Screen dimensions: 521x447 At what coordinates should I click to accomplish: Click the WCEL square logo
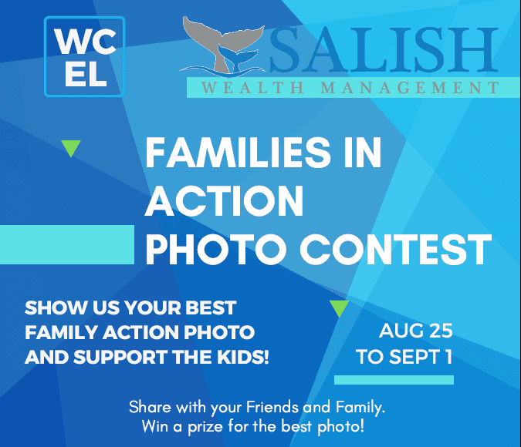click(x=84, y=56)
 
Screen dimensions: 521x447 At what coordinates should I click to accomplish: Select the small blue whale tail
click(x=237, y=57)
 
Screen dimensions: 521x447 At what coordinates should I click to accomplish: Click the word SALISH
click(x=383, y=49)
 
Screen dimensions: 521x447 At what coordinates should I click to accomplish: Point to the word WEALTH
click(x=252, y=88)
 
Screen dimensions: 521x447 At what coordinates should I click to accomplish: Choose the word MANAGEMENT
click(x=410, y=88)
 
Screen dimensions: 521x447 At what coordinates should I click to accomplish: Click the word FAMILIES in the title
click(x=238, y=153)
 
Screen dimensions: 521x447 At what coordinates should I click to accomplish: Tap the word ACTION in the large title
click(x=225, y=201)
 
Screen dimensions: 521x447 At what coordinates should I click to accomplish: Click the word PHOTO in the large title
click(x=216, y=249)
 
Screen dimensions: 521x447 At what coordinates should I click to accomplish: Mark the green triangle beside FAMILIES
click(x=71, y=148)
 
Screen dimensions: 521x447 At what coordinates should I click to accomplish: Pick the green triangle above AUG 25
click(x=340, y=308)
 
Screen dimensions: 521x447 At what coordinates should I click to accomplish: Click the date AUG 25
click(x=416, y=331)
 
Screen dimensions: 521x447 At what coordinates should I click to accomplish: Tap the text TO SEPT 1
click(x=404, y=357)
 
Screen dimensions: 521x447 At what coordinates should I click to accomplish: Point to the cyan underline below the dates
click(x=394, y=380)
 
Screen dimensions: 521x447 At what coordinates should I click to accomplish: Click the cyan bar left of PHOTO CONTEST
click(x=67, y=244)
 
